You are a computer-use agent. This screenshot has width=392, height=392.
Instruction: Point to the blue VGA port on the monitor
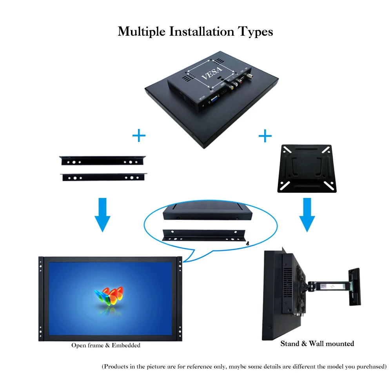tap(216, 100)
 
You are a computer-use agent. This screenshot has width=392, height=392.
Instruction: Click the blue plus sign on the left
tap(139, 136)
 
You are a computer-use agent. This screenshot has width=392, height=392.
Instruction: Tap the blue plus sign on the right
tap(265, 136)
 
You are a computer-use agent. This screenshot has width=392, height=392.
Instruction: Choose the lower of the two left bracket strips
tap(103, 177)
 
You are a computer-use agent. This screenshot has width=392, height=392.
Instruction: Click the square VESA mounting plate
tap(307, 169)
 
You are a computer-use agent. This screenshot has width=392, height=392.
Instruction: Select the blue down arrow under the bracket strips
tap(102, 214)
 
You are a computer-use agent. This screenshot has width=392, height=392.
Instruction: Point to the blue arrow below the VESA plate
tap(307, 214)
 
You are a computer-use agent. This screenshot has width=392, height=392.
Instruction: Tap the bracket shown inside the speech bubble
tap(204, 235)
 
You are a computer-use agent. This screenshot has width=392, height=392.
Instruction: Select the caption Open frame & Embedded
tap(106, 345)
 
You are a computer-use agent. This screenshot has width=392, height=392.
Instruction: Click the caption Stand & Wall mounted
tap(317, 344)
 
